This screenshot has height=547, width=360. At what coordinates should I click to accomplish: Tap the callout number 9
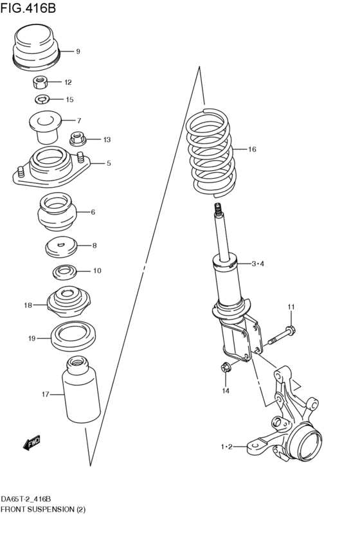78,51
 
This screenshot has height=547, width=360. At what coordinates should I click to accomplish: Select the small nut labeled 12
40,82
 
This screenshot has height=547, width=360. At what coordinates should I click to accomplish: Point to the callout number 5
109,163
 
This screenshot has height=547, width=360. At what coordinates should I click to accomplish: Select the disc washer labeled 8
61,246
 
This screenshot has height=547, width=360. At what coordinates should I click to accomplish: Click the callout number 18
28,305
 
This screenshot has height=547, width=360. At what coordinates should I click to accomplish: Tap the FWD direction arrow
32,442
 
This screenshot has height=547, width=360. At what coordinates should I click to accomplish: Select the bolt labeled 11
280,336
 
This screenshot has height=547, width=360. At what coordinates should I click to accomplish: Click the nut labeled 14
225,369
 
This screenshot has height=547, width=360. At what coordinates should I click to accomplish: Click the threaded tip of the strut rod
219,209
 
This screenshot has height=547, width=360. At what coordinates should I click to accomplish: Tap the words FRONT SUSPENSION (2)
43,510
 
